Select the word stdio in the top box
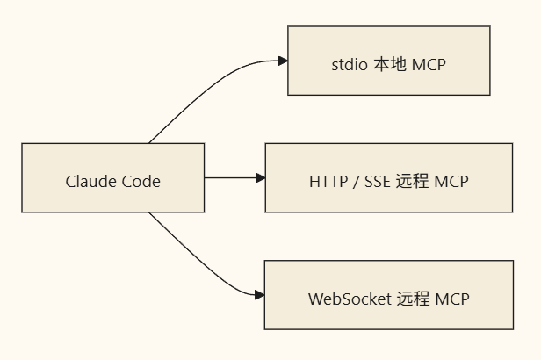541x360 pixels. coord(350,64)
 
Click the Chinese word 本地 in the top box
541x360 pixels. coord(390,64)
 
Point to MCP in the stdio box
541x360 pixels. coord(429,64)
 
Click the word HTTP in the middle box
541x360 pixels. coord(328,182)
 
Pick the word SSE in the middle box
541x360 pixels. coord(378,182)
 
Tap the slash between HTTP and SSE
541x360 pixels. coord(356,182)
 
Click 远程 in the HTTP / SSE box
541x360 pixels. coord(412,182)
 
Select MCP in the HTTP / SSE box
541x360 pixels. coord(451,182)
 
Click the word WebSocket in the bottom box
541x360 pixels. coord(350,299)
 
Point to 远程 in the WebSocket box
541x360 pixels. coord(414,299)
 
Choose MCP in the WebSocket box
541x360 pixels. coord(452,299)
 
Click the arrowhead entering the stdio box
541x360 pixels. coord(284,61)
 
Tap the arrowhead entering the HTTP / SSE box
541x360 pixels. coord(261,178)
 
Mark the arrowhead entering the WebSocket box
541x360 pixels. coord(260,295)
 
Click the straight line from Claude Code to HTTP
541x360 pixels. coord(230,178)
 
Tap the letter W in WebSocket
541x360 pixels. coord(315,299)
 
